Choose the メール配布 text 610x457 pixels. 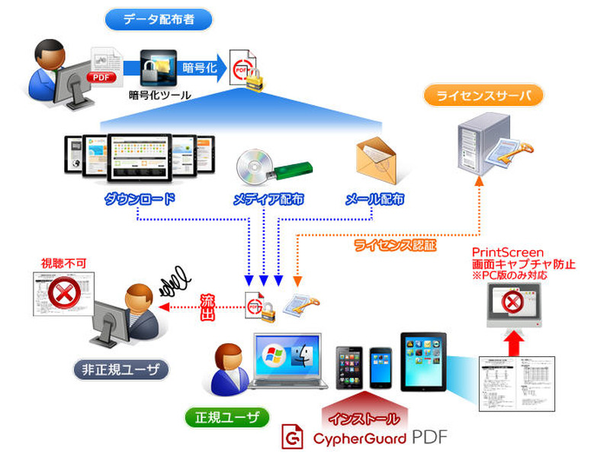[x=374, y=200]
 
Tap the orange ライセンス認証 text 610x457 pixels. [x=396, y=245]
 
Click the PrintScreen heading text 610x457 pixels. [x=508, y=252]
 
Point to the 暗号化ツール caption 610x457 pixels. [x=160, y=96]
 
